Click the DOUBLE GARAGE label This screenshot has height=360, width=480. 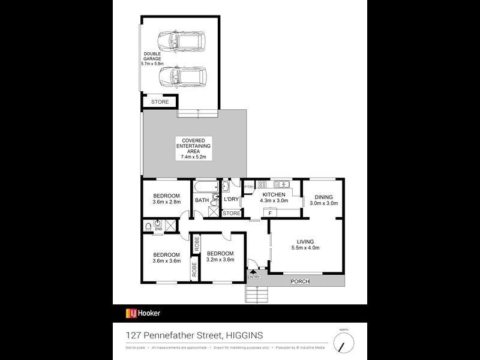[151, 58]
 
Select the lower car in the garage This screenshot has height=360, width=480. [182, 77]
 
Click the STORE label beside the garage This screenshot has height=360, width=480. [160, 103]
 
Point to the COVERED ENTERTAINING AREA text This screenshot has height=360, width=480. [193, 148]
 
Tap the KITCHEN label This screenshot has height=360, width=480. [274, 194]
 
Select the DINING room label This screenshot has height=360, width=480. [324, 197]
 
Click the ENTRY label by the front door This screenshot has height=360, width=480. [253, 277]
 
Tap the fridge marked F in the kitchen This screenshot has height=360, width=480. [271, 213]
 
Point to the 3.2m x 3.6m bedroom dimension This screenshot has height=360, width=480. [220, 260]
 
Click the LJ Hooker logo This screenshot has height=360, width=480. [143, 313]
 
